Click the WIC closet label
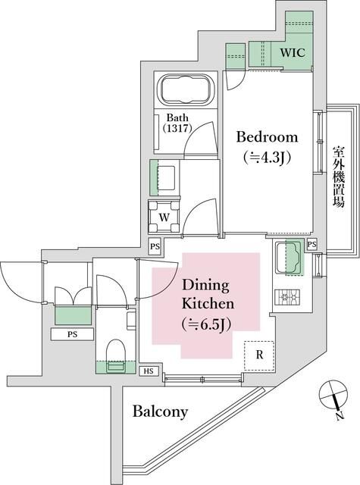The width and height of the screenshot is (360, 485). coord(293,54)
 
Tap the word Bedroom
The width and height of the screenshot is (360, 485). coord(267,137)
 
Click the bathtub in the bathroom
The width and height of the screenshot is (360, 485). coord(184,91)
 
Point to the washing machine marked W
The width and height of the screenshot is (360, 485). coord(164,216)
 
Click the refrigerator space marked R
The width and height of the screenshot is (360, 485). coord(258,355)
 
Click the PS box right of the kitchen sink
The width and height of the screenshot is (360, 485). coord(312,244)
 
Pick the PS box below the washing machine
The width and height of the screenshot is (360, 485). coord(155,247)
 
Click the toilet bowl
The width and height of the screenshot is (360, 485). coord(116,353)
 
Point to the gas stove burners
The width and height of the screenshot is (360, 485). coord(289,298)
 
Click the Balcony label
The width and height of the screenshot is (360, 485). coord(160,412)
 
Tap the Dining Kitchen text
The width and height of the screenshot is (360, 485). coord(207,296)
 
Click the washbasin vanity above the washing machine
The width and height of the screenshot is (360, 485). coord(165,177)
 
